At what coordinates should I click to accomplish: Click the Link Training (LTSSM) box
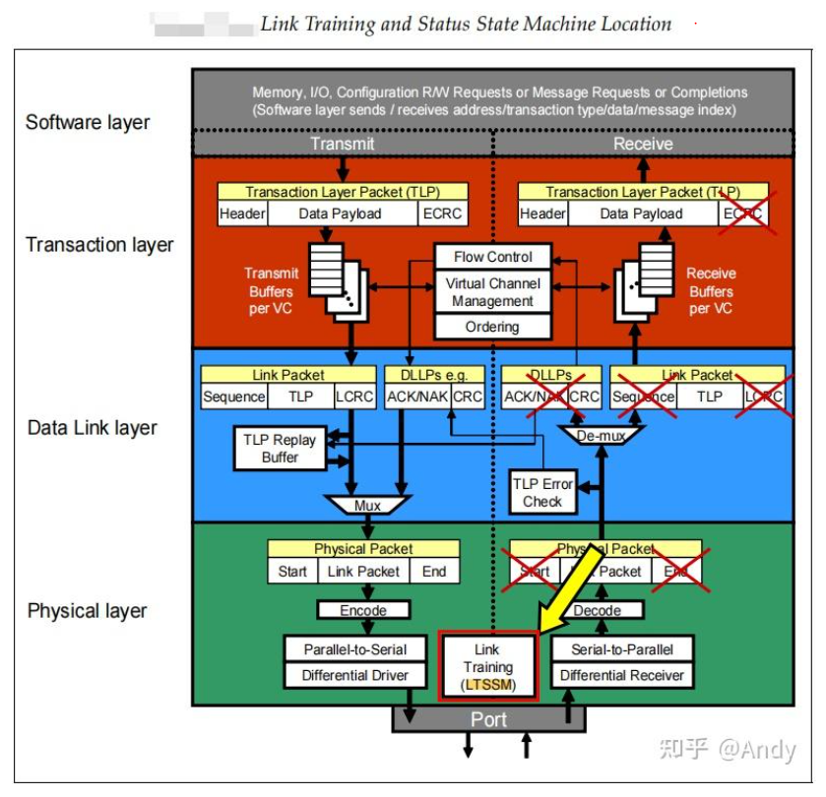(x=487, y=666)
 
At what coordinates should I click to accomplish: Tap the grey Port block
(x=488, y=719)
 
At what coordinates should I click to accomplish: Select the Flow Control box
(x=493, y=257)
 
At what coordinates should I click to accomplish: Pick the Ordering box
(x=493, y=327)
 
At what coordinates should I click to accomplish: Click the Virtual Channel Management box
(x=493, y=292)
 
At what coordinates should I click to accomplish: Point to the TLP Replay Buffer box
(x=280, y=449)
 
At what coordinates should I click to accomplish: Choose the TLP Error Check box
(x=542, y=492)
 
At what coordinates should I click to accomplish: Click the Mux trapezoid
(x=367, y=506)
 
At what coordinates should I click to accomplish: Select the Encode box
(x=363, y=610)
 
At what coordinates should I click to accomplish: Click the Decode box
(x=597, y=610)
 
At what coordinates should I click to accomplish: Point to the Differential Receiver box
(x=621, y=675)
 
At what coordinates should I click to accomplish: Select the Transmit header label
(x=342, y=144)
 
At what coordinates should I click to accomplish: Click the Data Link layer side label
(x=93, y=428)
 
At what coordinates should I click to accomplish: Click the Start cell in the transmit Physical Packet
(x=292, y=571)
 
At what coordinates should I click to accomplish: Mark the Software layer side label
(x=88, y=123)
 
